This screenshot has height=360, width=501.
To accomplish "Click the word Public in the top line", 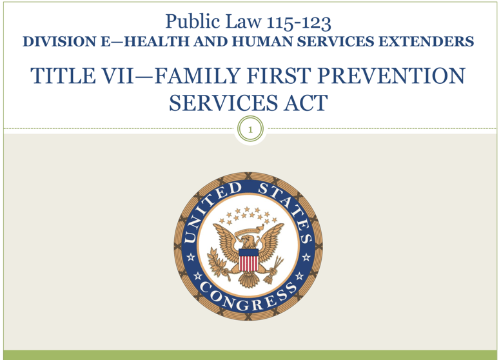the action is [x=193, y=22].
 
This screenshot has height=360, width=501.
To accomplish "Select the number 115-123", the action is [x=299, y=23].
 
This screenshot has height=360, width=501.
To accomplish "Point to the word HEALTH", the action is [x=156, y=41].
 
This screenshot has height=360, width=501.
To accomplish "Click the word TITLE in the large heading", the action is [x=63, y=75].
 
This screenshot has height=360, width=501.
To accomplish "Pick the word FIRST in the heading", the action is [x=279, y=75].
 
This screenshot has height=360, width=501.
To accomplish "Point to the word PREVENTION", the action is [x=392, y=75].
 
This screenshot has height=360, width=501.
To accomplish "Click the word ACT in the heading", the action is [x=306, y=103].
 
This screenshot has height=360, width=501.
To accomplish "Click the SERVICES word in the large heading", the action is [x=223, y=103].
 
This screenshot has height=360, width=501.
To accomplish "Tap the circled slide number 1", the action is [x=250, y=130].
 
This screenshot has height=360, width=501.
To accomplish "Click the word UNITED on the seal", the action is [x=210, y=213].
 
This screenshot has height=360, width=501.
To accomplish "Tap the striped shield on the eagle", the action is [x=248, y=260].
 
